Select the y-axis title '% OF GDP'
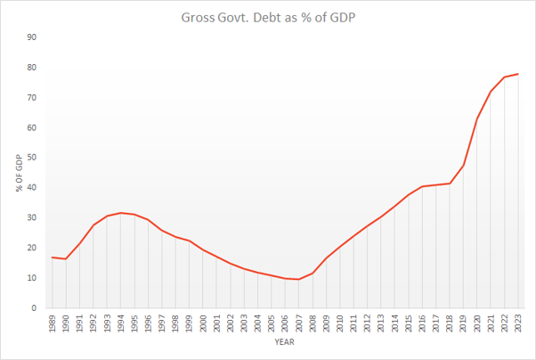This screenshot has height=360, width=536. coord(19,173)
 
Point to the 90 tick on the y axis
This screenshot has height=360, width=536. coord(31,37)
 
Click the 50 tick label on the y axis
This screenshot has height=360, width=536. coord(31,158)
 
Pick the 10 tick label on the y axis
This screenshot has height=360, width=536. coord(31,278)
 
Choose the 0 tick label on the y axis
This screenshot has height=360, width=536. coord(34,308)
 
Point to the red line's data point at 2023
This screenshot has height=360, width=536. coord(518,74)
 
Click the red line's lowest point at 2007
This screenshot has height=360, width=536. coord(298,279)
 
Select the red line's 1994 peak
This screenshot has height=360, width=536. coord(120,213)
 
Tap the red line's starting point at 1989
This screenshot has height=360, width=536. coord(52,257)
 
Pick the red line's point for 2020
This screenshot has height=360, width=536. coord(477,119)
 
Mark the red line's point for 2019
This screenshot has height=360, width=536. coord(463,166)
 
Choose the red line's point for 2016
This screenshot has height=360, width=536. coord(422,187)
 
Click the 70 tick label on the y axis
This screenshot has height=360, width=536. coord(31,98)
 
